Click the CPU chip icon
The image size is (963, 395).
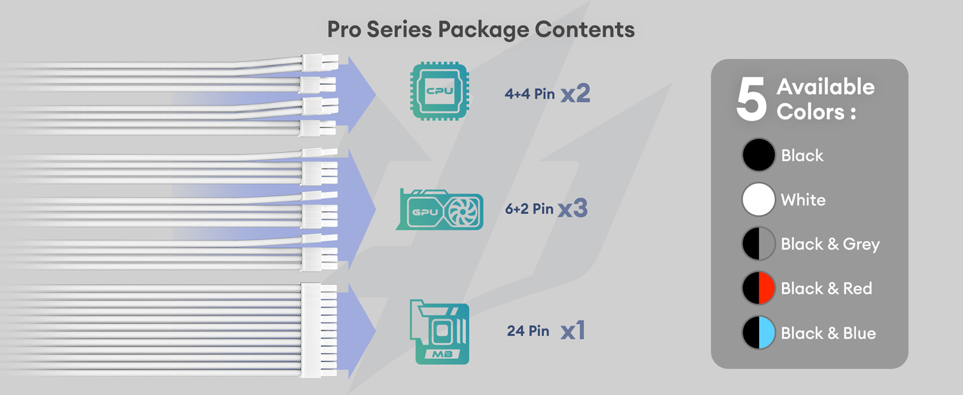click(x=439, y=92)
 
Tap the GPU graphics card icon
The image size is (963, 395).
click(x=439, y=209)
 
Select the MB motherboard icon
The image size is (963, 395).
click(x=439, y=332)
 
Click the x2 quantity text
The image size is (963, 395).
click(x=575, y=94)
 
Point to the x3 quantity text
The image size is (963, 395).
click(x=572, y=209)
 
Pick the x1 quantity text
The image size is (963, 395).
click(x=572, y=331)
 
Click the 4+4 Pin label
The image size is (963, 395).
click(x=530, y=94)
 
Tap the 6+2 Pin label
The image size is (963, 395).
click(x=529, y=209)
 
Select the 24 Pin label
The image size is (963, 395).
click(x=528, y=330)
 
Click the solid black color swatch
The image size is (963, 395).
click(x=758, y=155)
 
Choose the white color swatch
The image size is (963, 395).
click(x=758, y=199)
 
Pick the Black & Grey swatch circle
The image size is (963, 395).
click(x=758, y=244)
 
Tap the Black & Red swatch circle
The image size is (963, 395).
click(x=758, y=288)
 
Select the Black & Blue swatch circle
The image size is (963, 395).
click(x=758, y=333)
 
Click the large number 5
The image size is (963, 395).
click(x=751, y=100)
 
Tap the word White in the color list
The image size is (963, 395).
click(x=802, y=200)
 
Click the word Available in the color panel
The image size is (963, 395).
click(x=826, y=87)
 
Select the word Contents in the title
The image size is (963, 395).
click(x=585, y=30)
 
